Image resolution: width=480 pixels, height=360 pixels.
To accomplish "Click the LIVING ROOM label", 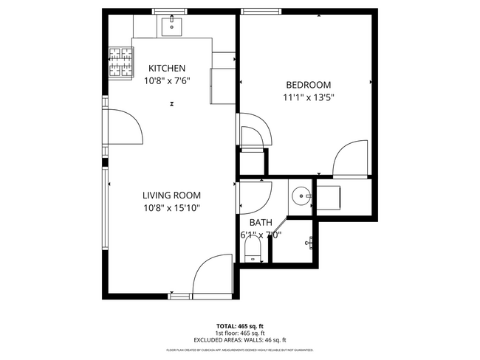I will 171,195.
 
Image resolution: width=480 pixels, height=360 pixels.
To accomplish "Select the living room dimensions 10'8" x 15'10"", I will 171,208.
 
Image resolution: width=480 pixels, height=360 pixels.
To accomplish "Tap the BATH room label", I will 260,222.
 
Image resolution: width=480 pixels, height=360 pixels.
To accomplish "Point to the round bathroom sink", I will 301,197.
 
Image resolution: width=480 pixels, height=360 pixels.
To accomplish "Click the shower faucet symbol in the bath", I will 311,241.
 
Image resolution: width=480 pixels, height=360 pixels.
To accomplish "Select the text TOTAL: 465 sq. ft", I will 239,325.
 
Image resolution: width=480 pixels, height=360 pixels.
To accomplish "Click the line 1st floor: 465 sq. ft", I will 239,333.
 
